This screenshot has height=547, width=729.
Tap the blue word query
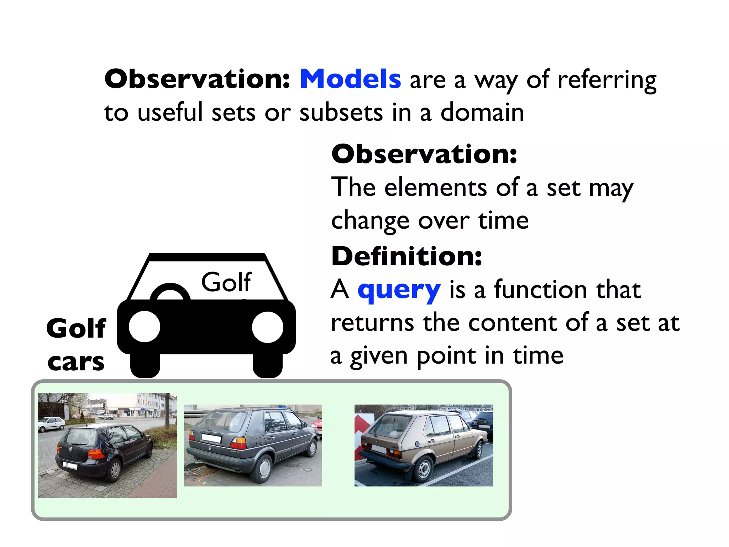click(x=399, y=290)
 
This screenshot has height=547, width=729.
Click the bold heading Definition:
click(x=407, y=256)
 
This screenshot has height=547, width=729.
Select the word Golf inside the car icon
click(x=226, y=282)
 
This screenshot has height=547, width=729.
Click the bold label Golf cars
click(x=76, y=344)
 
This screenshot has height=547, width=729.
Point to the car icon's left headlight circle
click(x=145, y=327)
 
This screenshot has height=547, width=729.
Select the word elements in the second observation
click(x=435, y=187)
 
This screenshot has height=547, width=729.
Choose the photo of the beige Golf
click(x=424, y=445)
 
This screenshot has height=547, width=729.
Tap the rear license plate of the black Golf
click(x=70, y=465)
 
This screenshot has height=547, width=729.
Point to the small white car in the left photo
click(x=52, y=424)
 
